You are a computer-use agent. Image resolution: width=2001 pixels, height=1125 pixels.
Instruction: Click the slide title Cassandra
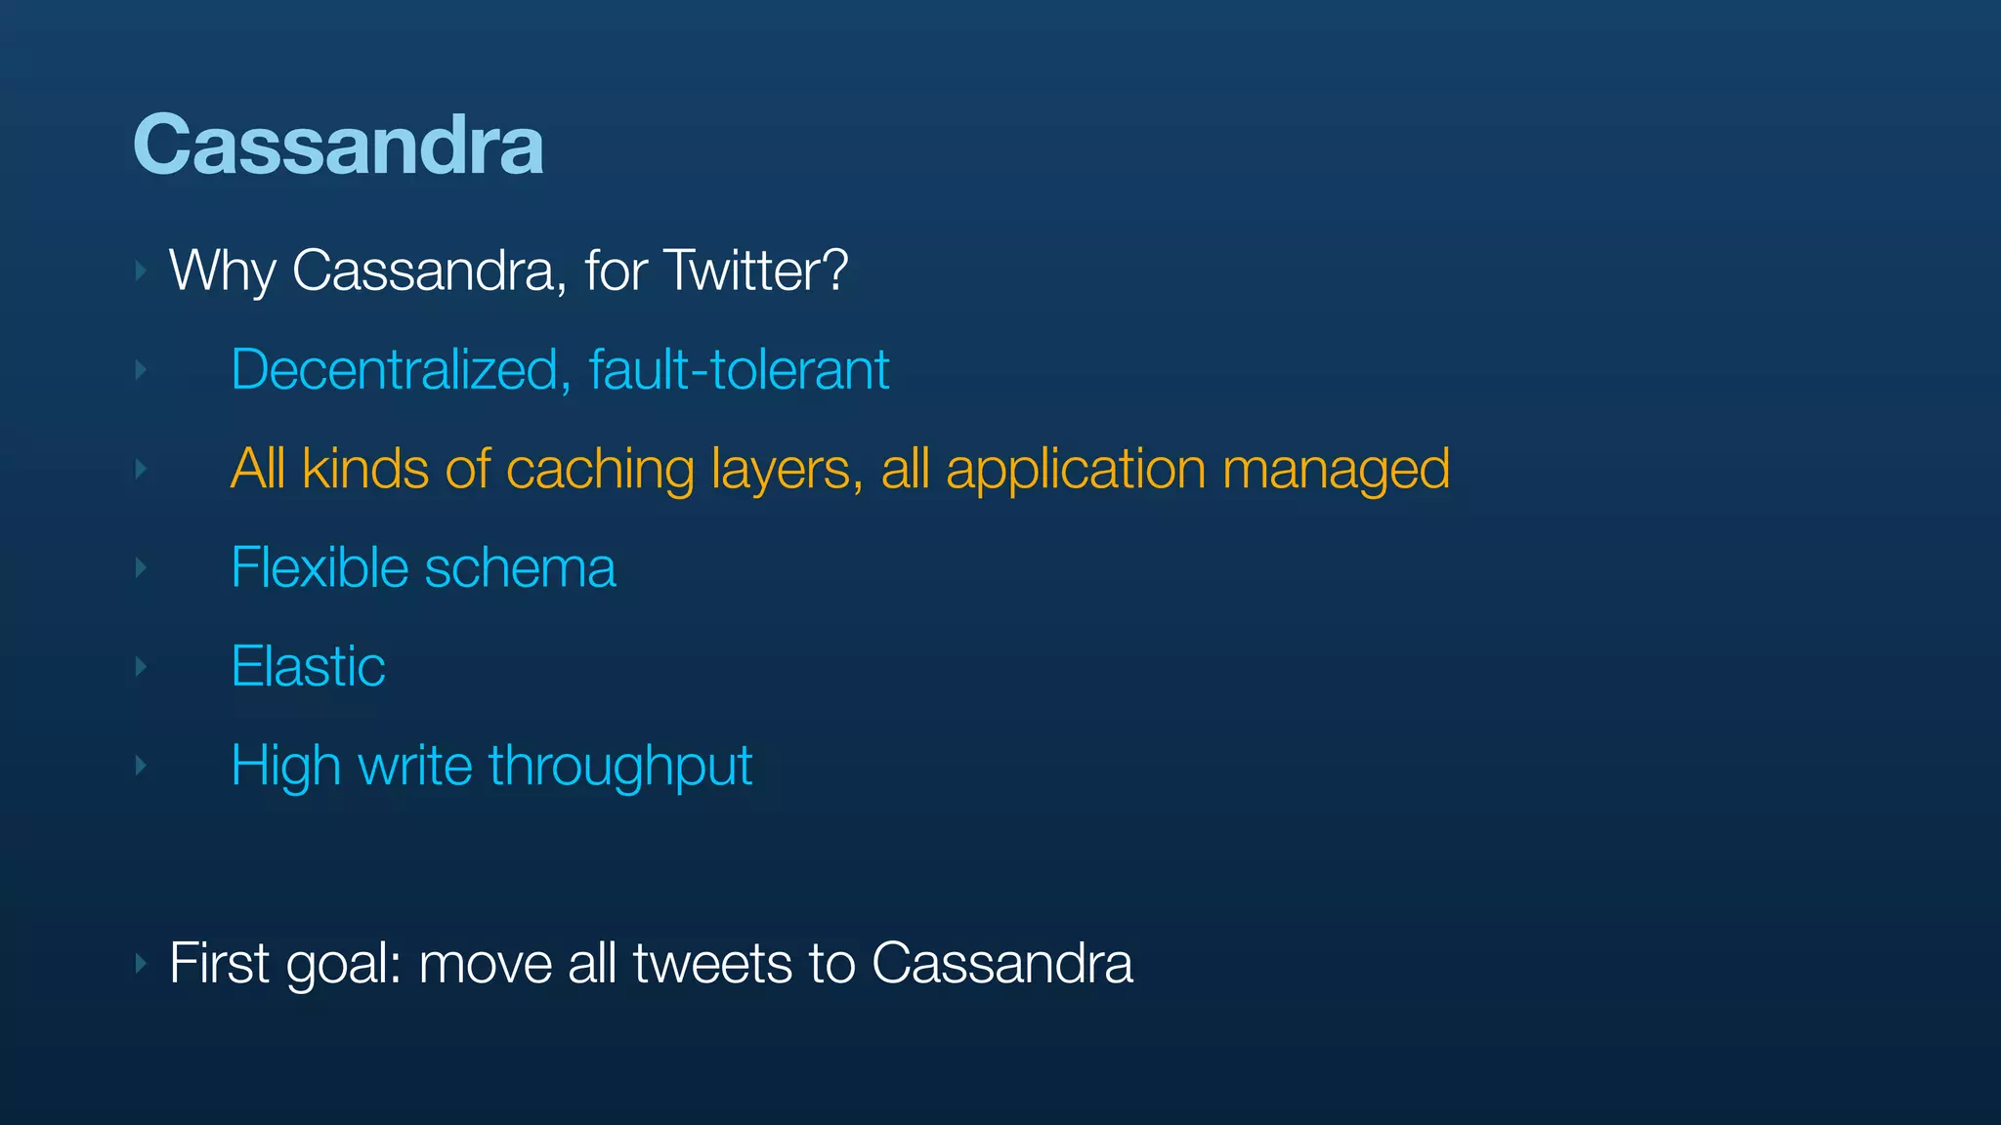coord(338,146)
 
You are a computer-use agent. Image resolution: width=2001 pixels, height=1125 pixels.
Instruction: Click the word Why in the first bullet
coord(222,271)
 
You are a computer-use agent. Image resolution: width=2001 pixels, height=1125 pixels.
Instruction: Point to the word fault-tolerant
coord(739,370)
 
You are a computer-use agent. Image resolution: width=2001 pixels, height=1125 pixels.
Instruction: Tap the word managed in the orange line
coord(1336,470)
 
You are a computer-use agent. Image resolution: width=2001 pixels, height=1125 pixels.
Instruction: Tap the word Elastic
coord(308,667)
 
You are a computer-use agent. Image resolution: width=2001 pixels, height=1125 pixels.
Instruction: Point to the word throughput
coord(620,767)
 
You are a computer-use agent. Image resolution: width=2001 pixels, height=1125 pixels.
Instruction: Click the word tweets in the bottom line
coord(712,964)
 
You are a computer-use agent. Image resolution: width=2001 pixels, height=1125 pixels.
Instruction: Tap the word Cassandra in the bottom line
coord(1001,964)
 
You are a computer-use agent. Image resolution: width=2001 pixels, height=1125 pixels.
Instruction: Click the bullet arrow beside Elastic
coord(142,667)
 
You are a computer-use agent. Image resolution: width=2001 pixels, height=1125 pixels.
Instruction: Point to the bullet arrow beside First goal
coord(142,964)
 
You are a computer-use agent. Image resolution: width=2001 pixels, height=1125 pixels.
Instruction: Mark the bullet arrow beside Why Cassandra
coord(142,271)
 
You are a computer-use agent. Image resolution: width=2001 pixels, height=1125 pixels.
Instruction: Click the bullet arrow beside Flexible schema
coord(142,567)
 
